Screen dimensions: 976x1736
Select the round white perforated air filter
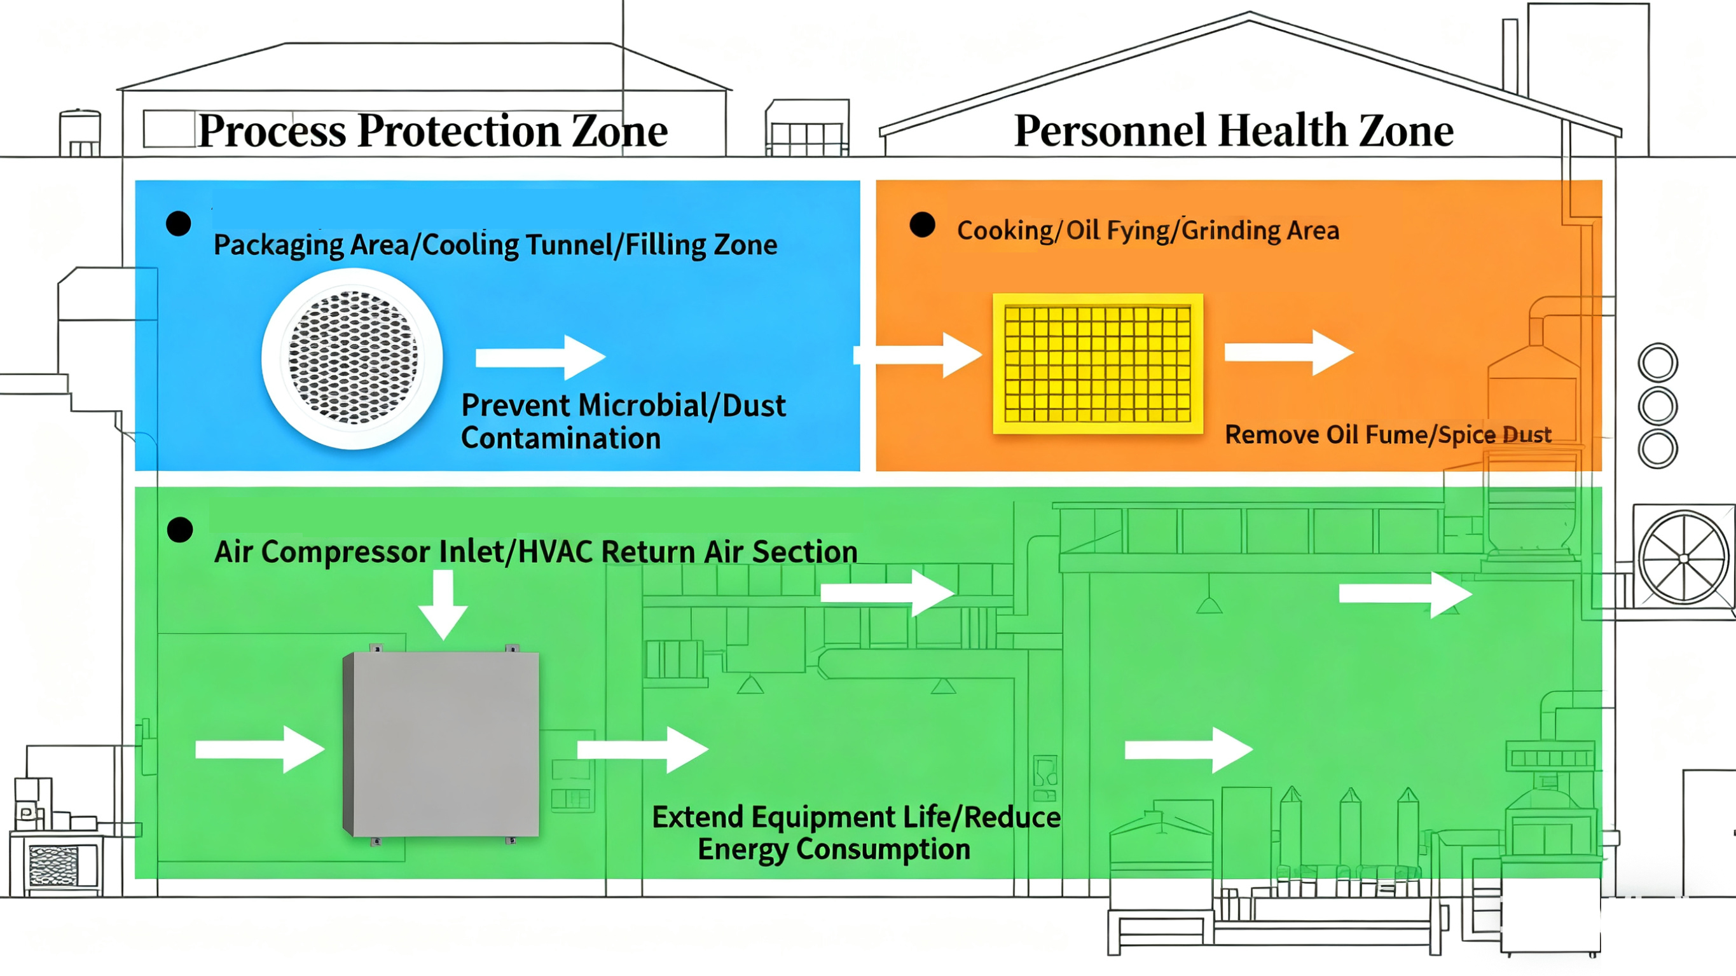352,358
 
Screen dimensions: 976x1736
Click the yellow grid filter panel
1098,364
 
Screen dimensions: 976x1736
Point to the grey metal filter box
442,744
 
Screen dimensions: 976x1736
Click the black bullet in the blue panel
179,224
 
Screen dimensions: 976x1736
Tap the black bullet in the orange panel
922,225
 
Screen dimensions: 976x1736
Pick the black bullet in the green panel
180,530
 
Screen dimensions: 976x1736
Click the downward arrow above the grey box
443,604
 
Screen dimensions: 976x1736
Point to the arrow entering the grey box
260,749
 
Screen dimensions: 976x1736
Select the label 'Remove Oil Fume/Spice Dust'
1388,435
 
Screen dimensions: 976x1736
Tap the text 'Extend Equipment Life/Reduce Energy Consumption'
856,832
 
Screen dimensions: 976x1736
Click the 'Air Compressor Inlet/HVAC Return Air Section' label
536,551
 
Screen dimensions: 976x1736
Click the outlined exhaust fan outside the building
1683,558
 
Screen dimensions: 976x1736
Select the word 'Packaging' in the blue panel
278,245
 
